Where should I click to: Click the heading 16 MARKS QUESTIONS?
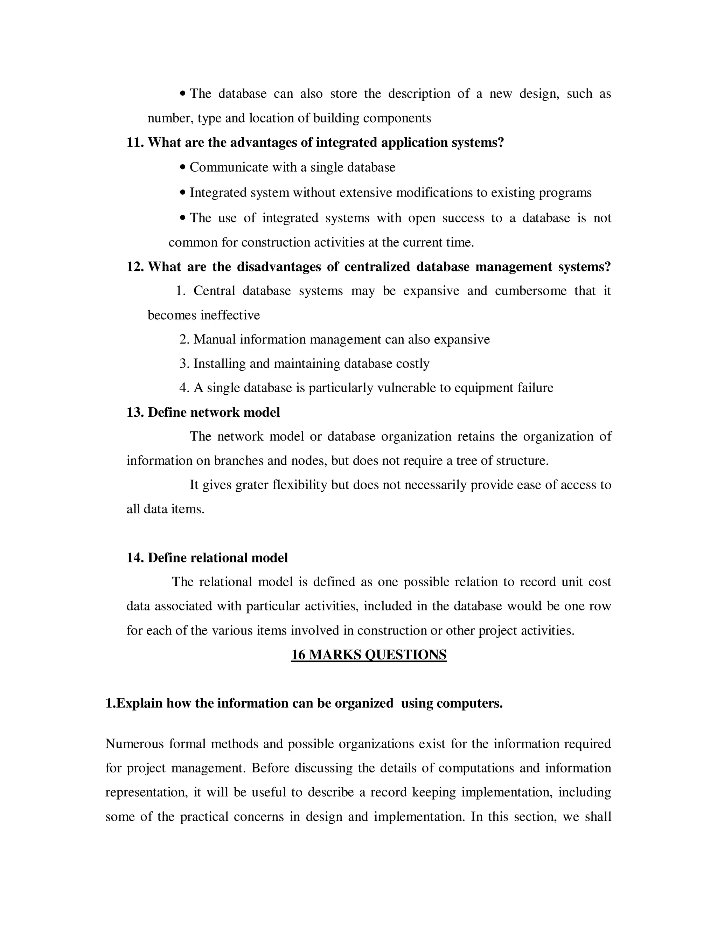click(x=368, y=655)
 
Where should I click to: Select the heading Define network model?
click(x=214, y=412)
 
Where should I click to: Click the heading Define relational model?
click(x=217, y=558)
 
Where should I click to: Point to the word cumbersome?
click(x=530, y=291)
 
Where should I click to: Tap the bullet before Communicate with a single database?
click(x=183, y=167)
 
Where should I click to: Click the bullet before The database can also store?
click(x=183, y=94)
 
